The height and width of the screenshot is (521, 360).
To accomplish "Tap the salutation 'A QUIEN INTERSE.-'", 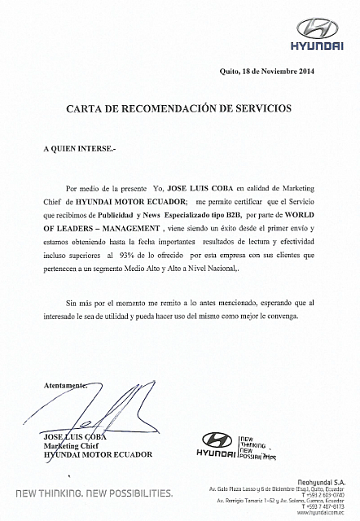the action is (x=80, y=150).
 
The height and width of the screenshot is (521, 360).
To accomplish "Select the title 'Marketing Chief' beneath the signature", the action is (x=73, y=446).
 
